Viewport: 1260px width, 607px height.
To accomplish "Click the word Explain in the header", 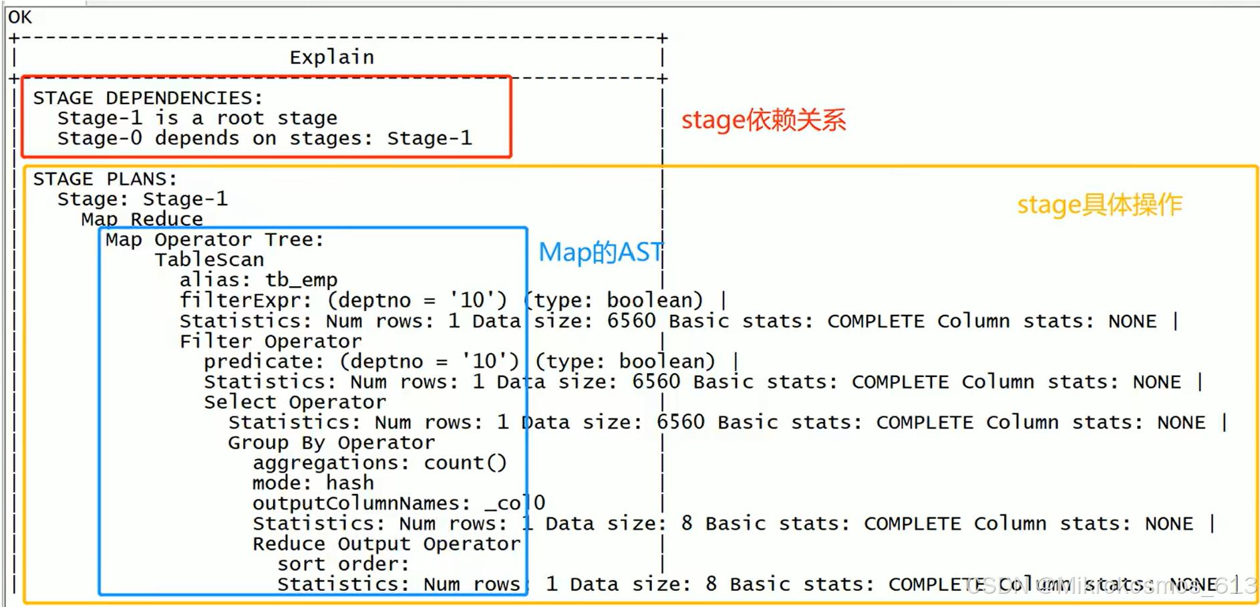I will point(331,57).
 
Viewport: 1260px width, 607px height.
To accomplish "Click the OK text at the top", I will point(19,17).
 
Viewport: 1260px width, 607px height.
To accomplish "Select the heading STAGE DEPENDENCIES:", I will point(148,98).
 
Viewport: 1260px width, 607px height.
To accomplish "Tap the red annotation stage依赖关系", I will point(763,120).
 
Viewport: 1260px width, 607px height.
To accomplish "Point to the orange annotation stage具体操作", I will point(1099,205).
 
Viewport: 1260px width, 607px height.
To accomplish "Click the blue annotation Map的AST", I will point(600,253).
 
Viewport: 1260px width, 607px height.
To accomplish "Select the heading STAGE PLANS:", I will point(105,179).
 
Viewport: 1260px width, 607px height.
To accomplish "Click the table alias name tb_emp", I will point(301,280).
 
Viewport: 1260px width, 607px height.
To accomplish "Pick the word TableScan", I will point(209,260).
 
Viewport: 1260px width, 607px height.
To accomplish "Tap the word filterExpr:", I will point(245,301).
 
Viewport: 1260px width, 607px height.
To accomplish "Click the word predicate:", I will point(263,362).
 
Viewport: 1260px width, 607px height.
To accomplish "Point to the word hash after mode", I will point(349,483).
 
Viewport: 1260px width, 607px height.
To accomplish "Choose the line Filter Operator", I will point(270,342).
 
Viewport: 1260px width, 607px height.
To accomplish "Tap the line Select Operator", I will point(295,402).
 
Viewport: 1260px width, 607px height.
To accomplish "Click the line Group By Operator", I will point(331,443).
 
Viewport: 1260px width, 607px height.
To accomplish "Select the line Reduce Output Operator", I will point(386,544).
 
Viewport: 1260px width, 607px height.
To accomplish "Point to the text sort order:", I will point(342,564).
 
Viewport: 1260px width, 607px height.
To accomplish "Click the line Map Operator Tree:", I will point(214,240).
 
